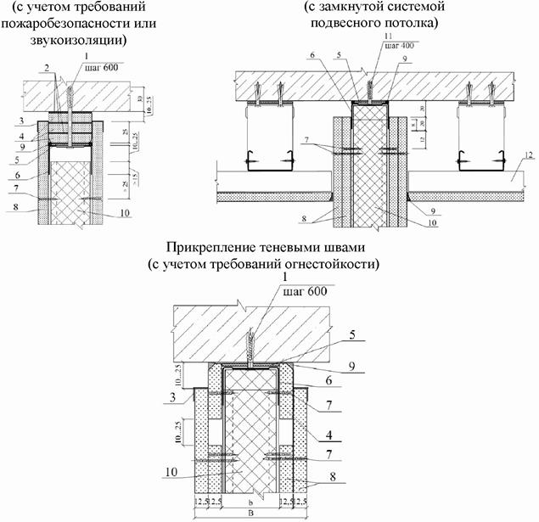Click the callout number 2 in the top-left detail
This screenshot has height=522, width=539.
pos(48,65)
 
